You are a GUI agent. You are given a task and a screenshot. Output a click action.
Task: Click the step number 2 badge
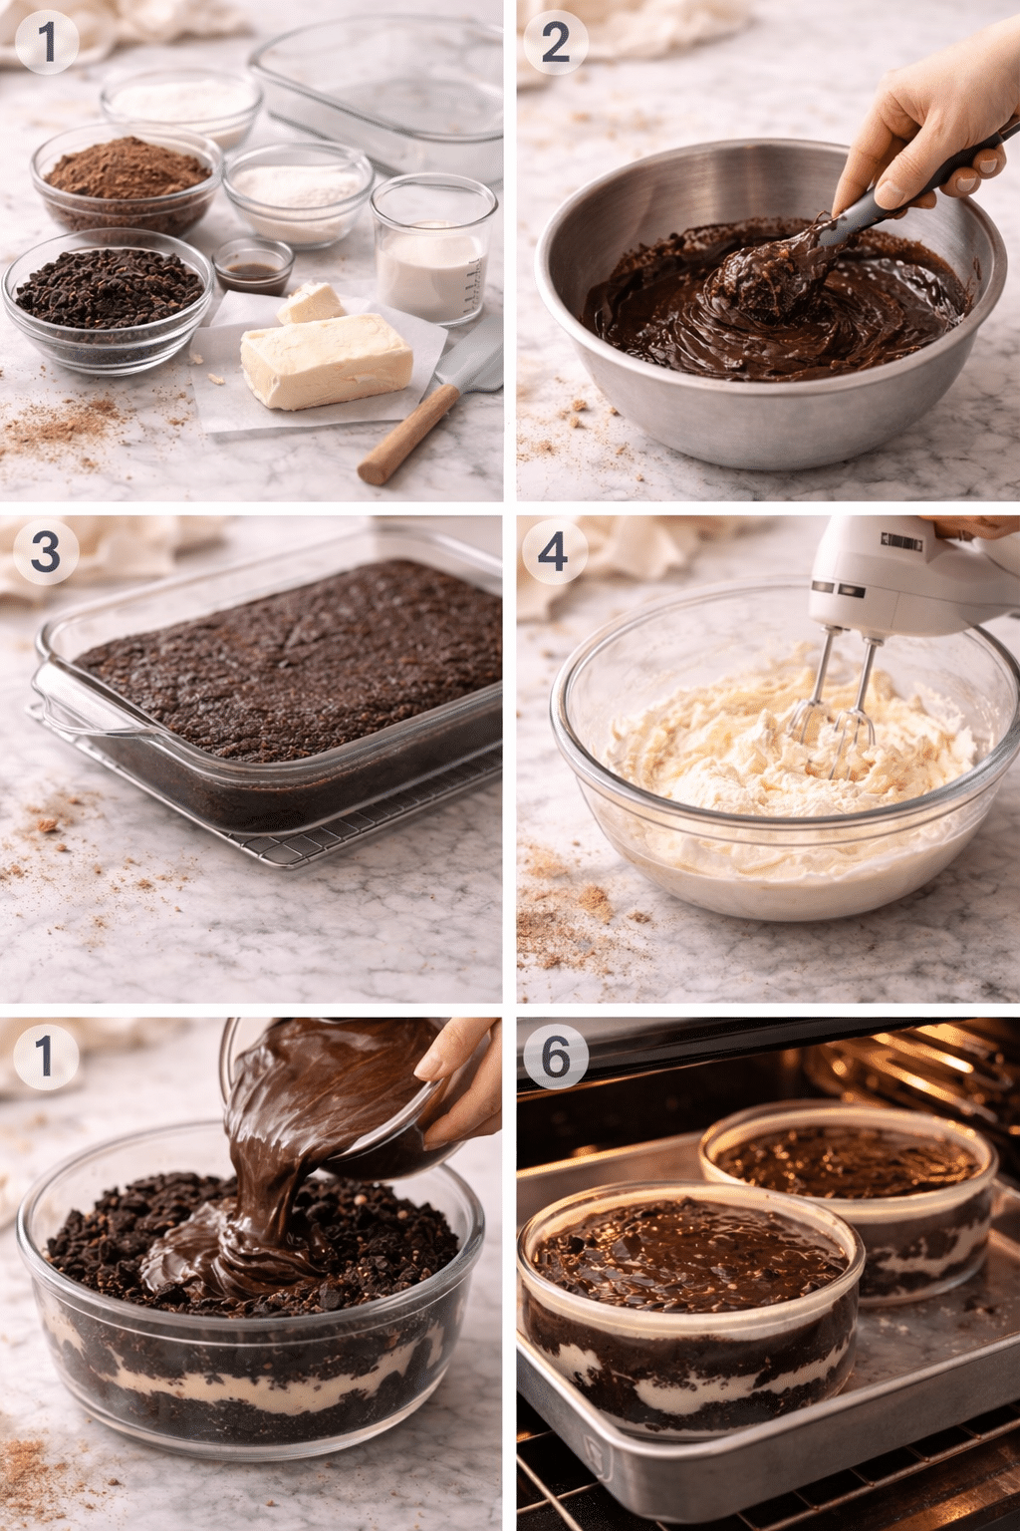click(x=555, y=43)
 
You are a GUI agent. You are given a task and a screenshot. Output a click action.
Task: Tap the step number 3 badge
click(x=45, y=551)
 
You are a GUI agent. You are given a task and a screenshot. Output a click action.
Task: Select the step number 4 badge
click(x=553, y=551)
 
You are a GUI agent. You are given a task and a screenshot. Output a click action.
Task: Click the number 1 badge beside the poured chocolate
click(x=45, y=1055)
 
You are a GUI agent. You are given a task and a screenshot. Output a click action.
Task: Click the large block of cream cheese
click(x=327, y=361)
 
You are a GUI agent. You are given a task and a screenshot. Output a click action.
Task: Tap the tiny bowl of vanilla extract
click(x=253, y=266)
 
